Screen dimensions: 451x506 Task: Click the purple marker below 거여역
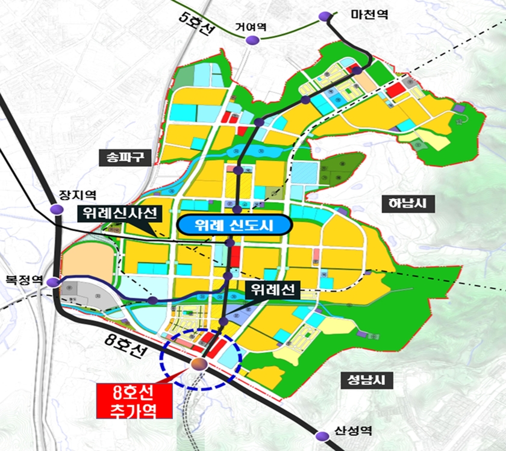pyautogui.click(x=251, y=40)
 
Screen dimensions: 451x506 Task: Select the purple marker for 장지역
pyautogui.click(x=57, y=209)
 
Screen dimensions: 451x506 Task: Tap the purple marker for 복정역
pyautogui.click(x=55, y=282)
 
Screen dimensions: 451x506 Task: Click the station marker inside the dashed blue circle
pyautogui.click(x=199, y=363)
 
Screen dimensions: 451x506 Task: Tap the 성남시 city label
pyautogui.click(x=361, y=380)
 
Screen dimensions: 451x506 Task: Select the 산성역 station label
pyautogui.click(x=352, y=431)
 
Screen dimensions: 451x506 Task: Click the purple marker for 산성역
pyautogui.click(x=321, y=432)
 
